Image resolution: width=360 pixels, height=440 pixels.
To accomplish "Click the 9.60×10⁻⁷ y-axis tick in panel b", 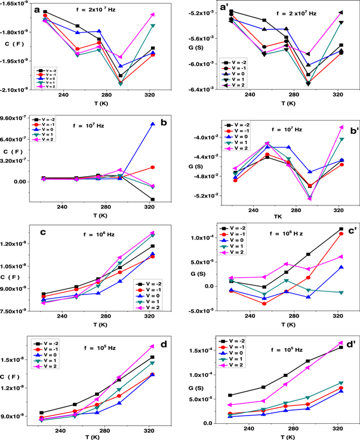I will click(18, 118).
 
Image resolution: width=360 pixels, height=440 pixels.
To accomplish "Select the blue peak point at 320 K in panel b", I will click(153, 124).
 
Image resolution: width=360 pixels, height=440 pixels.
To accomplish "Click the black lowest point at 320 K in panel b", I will click(153, 199).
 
